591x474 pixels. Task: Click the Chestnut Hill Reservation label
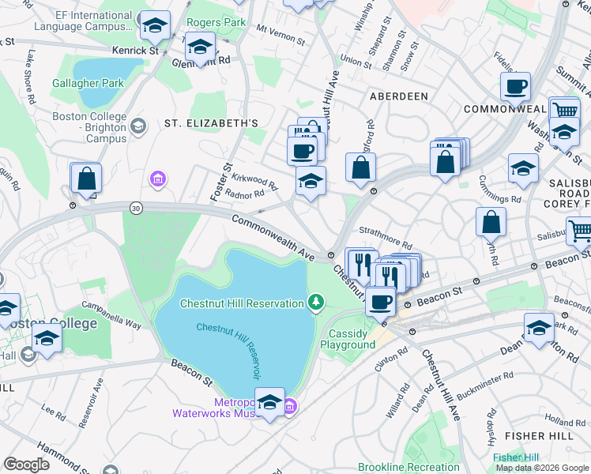(242, 303)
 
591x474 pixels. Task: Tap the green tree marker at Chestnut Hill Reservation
(316, 303)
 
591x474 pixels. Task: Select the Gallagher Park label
(88, 83)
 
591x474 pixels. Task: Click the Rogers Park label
(216, 23)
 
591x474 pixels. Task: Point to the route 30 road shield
(136, 207)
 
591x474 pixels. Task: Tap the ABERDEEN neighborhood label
(398, 96)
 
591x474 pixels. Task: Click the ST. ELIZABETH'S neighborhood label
(211, 124)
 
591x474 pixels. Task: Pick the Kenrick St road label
(130, 50)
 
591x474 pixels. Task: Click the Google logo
(27, 465)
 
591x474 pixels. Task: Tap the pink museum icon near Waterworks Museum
(290, 407)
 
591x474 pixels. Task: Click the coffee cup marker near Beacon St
(381, 301)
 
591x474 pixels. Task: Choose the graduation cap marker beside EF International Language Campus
(155, 25)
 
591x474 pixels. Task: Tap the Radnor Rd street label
(244, 194)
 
